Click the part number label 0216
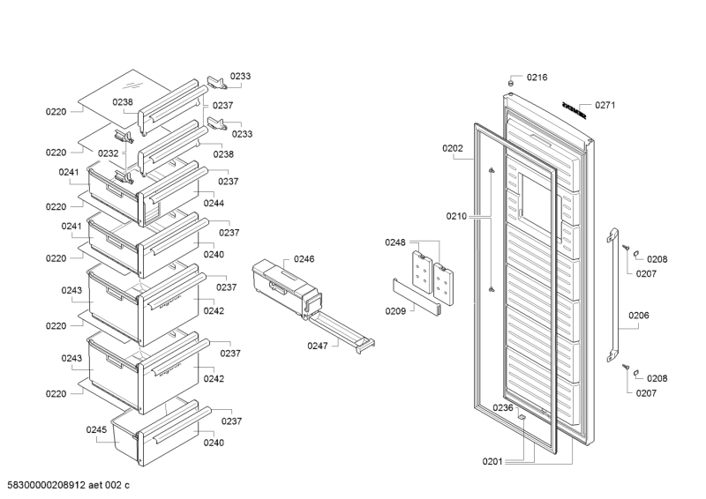coord(537,78)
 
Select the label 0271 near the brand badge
coord(605,105)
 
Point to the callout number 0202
coord(453,148)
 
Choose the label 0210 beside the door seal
coord(456,214)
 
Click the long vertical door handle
coord(610,296)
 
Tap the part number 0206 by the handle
coord(638,316)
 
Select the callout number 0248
coord(395,242)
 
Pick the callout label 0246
coord(304,258)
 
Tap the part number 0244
coord(214,203)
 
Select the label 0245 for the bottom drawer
coord(96,429)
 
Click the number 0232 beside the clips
coord(109,153)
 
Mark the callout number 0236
coord(503,407)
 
